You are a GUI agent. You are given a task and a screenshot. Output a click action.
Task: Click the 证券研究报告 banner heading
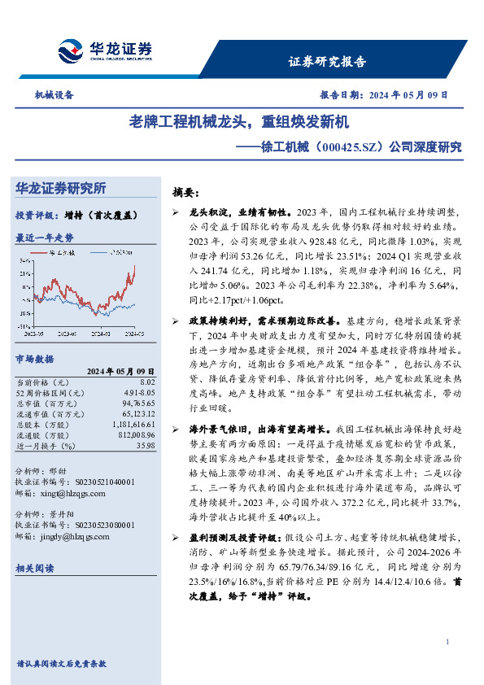(328, 61)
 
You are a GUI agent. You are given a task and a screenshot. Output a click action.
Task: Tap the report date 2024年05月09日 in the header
(403, 94)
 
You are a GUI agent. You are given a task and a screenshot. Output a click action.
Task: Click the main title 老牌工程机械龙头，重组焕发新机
(239, 123)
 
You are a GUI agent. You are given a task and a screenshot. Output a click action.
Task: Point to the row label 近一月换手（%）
(46, 446)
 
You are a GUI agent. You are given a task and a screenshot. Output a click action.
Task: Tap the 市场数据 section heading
(35, 358)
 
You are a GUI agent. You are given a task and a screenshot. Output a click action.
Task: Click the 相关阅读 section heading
(35, 568)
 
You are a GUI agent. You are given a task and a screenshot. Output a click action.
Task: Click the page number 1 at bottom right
(447, 643)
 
